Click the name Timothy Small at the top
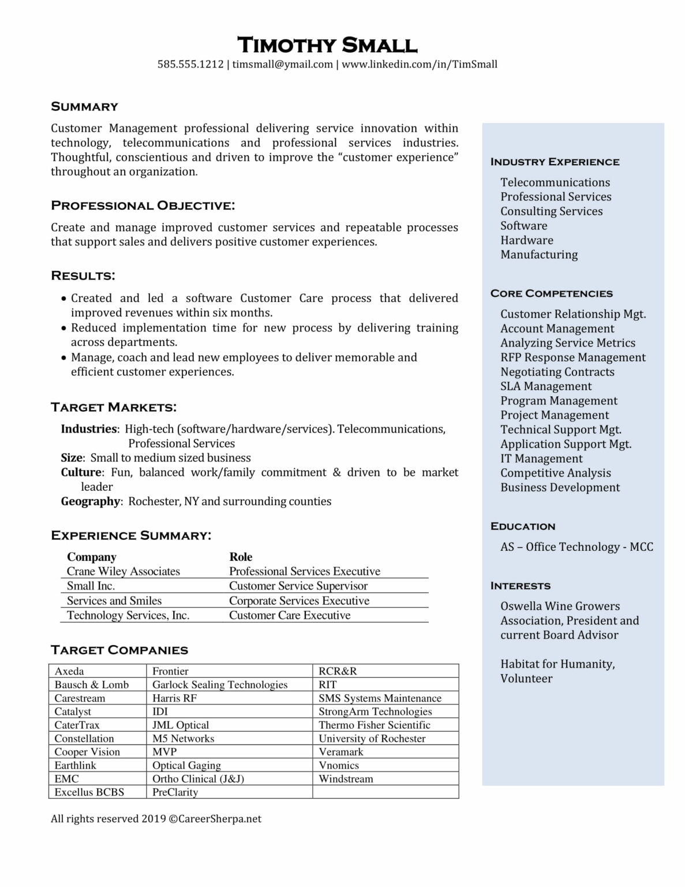tap(327, 45)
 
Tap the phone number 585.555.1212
tap(190, 64)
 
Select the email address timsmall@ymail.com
tap(283, 64)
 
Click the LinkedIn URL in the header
tap(420, 64)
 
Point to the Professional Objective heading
tap(143, 206)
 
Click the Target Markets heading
tap(114, 407)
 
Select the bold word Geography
tap(91, 501)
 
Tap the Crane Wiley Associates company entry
tap(123, 571)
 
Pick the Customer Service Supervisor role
tap(298, 586)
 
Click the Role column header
tap(241, 557)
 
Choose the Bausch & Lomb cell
tap(92, 684)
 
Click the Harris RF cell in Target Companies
tap(174, 698)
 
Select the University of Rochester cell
tap(372, 738)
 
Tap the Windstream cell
tap(346, 778)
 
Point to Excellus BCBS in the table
tap(89, 792)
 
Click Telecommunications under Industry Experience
tap(555, 182)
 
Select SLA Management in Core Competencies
tap(546, 386)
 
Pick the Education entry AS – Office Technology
tap(577, 547)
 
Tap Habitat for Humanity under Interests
tap(557, 664)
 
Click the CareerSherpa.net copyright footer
tap(156, 818)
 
